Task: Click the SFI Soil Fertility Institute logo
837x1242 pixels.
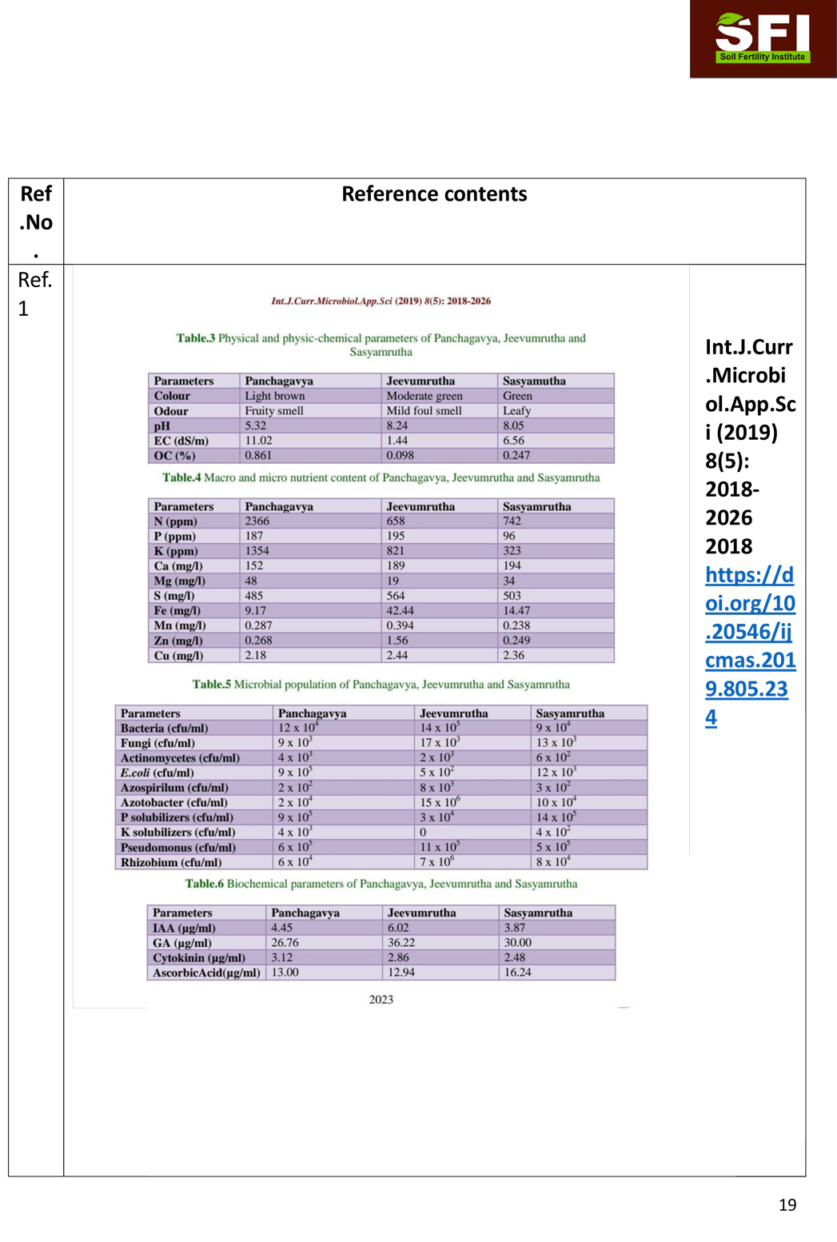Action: coord(762,38)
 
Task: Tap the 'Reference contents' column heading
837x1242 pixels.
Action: coord(434,194)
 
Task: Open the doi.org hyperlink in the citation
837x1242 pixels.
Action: coord(749,645)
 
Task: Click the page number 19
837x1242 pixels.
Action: coord(787,1204)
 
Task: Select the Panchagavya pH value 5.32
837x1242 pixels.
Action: coord(256,425)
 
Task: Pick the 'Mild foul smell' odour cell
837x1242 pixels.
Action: coord(424,411)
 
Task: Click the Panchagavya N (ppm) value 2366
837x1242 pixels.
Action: coord(257,521)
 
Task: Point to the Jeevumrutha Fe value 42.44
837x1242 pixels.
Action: coord(401,610)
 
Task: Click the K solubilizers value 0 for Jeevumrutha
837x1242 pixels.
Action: coord(423,833)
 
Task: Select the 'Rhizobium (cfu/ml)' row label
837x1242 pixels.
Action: coord(171,862)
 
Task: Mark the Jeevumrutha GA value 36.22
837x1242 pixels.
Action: coord(401,943)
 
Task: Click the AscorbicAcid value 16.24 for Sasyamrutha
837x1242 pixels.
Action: coord(518,972)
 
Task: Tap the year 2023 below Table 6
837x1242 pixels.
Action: coord(381,1000)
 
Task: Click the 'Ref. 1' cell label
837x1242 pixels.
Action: coord(35,294)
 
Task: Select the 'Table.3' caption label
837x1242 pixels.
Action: coord(196,338)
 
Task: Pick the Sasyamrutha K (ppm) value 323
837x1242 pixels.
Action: coord(512,551)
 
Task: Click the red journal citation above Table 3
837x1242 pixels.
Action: coord(381,302)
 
